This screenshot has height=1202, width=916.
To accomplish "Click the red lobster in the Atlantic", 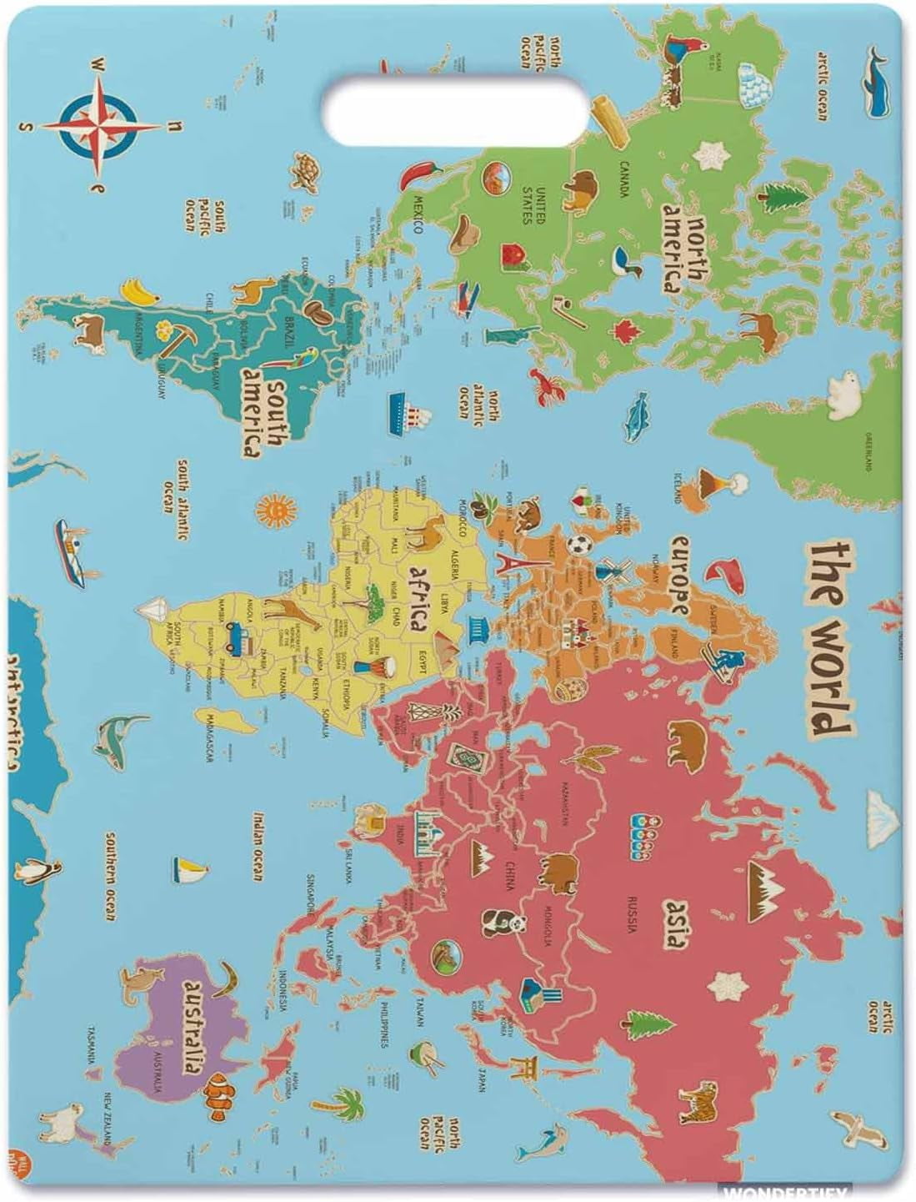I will click(x=548, y=387).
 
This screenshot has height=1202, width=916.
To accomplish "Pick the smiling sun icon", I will click(x=274, y=507).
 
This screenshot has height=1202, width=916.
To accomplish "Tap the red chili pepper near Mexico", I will click(x=418, y=174).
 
